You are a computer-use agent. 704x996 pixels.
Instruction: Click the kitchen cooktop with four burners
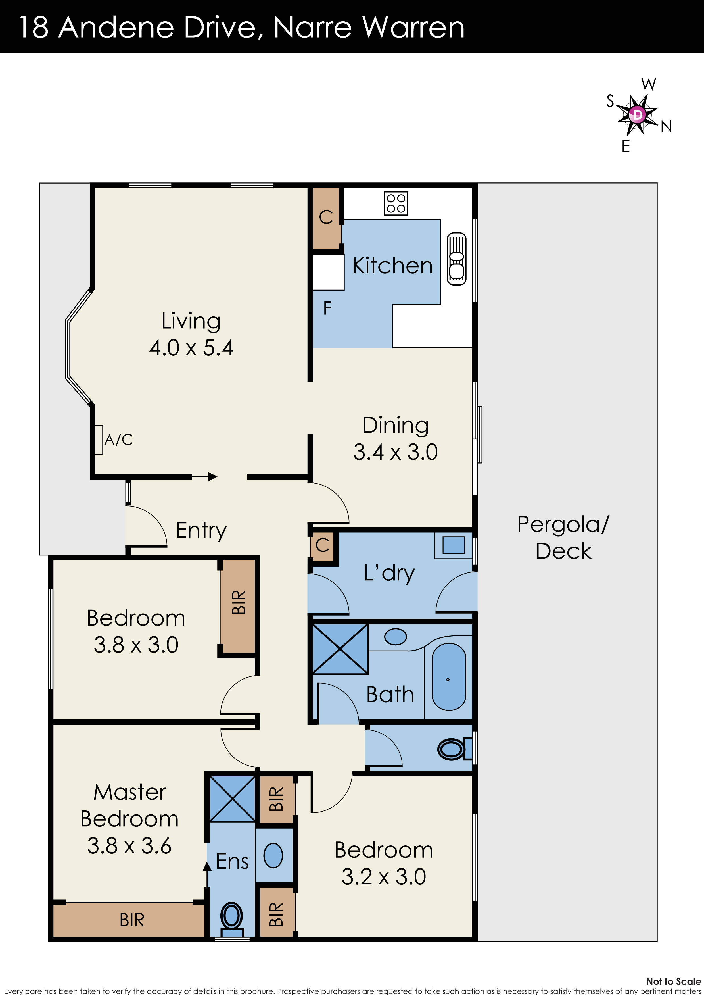click(396, 203)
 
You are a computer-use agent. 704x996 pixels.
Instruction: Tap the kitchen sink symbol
click(456, 259)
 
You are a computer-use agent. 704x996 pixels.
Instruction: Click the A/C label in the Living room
click(118, 440)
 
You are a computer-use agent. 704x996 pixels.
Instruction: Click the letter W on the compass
click(648, 85)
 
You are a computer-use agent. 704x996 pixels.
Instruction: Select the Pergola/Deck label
click(563, 537)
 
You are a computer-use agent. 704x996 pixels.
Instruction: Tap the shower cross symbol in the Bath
click(340, 649)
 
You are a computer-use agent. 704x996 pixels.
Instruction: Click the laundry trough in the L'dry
click(454, 545)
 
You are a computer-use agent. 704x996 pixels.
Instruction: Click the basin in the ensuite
click(273, 855)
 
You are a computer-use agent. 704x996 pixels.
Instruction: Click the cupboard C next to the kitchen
click(326, 217)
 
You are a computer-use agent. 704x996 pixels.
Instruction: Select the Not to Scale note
click(673, 981)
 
